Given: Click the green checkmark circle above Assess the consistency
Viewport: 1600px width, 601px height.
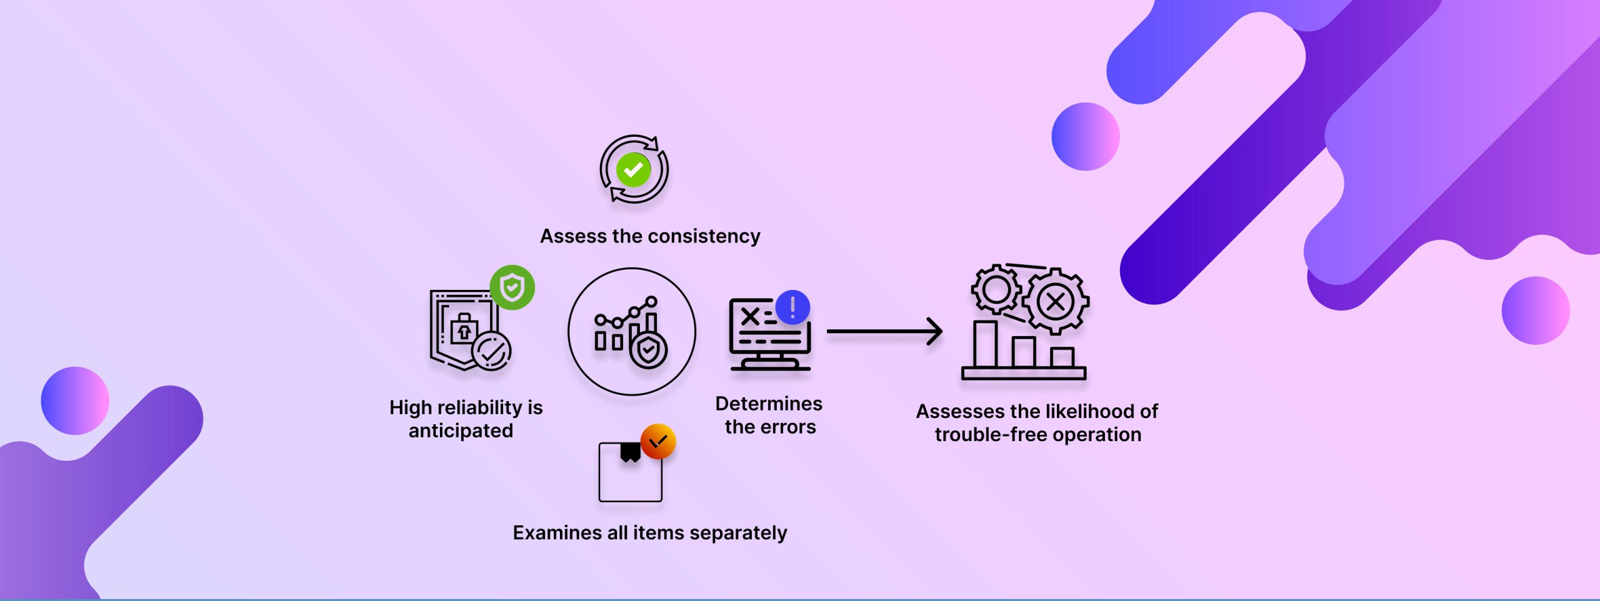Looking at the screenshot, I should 633,169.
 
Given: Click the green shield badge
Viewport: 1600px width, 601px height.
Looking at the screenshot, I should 512,287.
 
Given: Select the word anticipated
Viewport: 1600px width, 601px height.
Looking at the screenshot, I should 461,430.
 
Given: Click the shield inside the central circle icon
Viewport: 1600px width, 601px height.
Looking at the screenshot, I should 648,350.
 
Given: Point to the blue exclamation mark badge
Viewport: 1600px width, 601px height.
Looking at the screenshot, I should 792,307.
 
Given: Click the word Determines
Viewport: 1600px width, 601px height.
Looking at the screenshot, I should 769,404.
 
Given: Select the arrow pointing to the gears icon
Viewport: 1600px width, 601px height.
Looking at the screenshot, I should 884,331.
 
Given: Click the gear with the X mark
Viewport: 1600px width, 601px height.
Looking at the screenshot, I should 1056,302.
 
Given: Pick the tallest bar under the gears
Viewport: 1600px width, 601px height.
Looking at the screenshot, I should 986,344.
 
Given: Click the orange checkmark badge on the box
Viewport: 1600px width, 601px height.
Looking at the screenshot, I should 658,442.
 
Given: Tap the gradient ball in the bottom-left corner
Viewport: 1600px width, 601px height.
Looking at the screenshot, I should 75,400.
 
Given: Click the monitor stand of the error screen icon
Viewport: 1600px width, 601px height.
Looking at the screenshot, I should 770,360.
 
